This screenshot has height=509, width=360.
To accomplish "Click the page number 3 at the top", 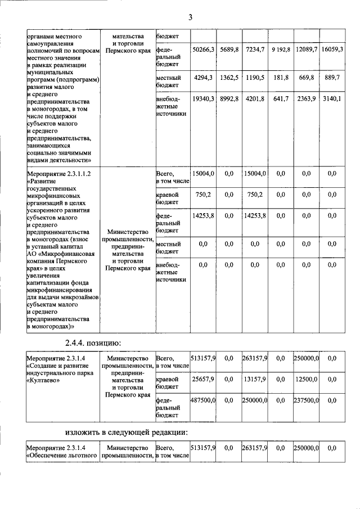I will pos(190,17).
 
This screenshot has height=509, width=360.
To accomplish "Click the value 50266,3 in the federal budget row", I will pos(203,49).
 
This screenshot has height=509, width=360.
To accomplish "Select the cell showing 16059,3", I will pos(332,49).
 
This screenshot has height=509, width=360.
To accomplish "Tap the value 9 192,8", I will pos(281,49).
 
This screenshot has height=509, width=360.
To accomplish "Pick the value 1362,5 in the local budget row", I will pos(229,77).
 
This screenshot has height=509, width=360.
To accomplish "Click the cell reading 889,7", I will pos(332,77).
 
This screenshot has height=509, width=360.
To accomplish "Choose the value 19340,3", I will pos(203,99).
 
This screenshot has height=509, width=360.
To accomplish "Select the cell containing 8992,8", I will pos(229,99).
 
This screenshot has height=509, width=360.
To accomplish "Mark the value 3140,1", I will pos(332,99).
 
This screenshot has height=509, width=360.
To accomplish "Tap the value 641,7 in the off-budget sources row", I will pos(281,99).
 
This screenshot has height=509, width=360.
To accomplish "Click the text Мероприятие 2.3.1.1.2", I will pos(59,174).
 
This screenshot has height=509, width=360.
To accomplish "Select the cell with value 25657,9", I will pos(203,380).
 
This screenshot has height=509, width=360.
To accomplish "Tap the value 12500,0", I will pos(307,380).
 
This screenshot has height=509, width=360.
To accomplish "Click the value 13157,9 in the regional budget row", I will pos(255,380).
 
